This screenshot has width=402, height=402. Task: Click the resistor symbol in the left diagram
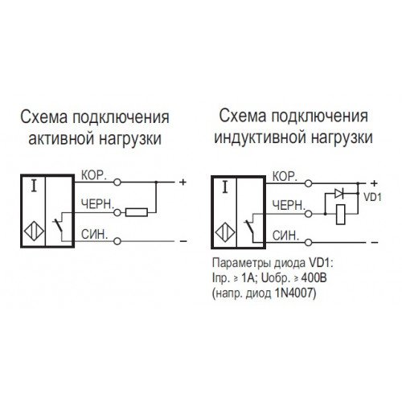[137, 212]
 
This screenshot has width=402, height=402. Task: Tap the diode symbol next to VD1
[339, 194]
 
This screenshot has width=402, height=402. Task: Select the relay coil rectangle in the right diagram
[341, 214]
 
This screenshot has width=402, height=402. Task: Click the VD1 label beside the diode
[372, 198]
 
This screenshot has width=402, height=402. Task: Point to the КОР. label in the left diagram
[94, 175]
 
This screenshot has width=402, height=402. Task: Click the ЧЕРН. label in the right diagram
[289, 206]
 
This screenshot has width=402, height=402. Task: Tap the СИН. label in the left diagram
[94, 235]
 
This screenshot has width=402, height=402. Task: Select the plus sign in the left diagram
[183, 183]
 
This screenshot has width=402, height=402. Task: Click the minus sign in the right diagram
[375, 243]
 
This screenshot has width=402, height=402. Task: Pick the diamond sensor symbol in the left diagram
[34, 231]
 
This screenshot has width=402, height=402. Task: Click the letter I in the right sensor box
[225, 187]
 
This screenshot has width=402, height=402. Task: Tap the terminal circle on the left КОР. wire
[117, 183]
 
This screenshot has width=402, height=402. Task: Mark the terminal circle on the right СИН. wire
[309, 243]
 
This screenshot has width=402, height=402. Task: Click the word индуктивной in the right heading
[260, 137]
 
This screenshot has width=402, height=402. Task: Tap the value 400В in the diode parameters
[314, 278]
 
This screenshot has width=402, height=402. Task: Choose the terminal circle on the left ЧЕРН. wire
[117, 213]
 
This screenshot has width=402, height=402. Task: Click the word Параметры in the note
[241, 264]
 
